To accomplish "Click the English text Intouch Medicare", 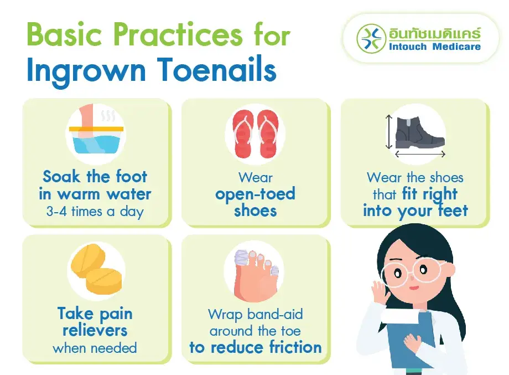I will [x=435, y=47].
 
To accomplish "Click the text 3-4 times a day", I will [x=96, y=212].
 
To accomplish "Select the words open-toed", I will [x=255, y=194].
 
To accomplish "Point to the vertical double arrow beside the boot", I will [x=389, y=132].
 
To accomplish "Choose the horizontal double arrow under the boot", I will [x=420, y=154].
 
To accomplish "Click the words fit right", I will [x=430, y=194].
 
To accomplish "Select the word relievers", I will [x=95, y=331].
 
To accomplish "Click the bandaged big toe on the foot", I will [x=242, y=261].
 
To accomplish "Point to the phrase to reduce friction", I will [x=255, y=347].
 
